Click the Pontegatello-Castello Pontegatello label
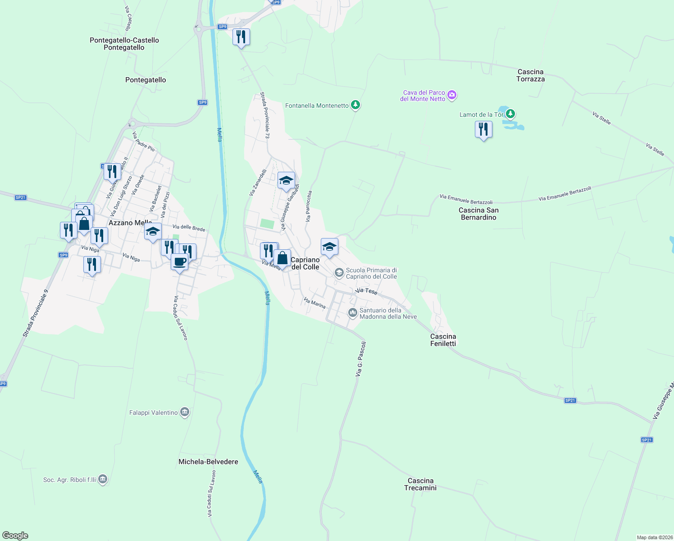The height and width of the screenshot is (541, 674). pyautogui.click(x=124, y=44)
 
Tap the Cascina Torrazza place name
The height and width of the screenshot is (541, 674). pyautogui.click(x=530, y=75)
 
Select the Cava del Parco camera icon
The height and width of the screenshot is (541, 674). pyautogui.click(x=452, y=95)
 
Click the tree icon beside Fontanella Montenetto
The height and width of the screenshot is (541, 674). pyautogui.click(x=356, y=105)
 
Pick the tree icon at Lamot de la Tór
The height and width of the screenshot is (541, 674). pyautogui.click(x=510, y=114)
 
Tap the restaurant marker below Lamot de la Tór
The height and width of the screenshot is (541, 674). pyautogui.click(x=483, y=130)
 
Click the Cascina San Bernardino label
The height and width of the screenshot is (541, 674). pyautogui.click(x=478, y=214)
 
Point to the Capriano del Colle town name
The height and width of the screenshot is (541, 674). pyautogui.click(x=305, y=263)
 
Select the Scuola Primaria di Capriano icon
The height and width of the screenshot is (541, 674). pyautogui.click(x=339, y=273)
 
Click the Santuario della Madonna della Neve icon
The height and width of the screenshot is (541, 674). pyautogui.click(x=353, y=312)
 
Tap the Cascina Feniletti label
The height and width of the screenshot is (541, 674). pyautogui.click(x=443, y=340)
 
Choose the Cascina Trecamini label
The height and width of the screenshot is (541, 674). pyautogui.click(x=420, y=484)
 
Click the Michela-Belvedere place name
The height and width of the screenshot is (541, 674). pyautogui.click(x=208, y=462)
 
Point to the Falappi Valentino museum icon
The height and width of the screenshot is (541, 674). pyautogui.click(x=184, y=412)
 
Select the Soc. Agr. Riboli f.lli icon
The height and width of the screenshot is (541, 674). pyautogui.click(x=103, y=479)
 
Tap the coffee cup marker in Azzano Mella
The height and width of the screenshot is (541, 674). pyautogui.click(x=179, y=262)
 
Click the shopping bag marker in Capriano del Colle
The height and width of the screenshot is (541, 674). pyautogui.click(x=282, y=259)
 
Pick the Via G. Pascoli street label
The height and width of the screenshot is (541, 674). pyautogui.click(x=360, y=359)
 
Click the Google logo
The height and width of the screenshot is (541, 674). pyautogui.click(x=15, y=536)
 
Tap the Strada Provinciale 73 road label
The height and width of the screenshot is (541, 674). pyautogui.click(x=265, y=115)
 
